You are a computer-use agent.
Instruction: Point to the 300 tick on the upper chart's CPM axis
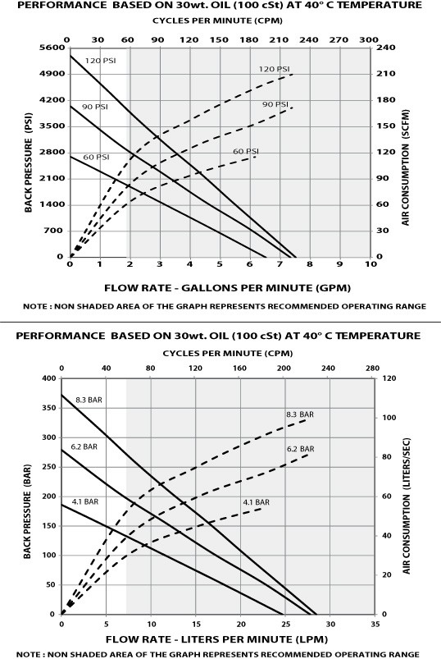tap(369, 39)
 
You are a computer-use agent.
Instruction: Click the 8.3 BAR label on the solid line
tap(89, 400)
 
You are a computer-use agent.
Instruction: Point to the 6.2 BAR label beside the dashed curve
tap(301, 450)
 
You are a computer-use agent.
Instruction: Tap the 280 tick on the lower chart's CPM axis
tap(373, 368)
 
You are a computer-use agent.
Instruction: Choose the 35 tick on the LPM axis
tap(373, 624)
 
